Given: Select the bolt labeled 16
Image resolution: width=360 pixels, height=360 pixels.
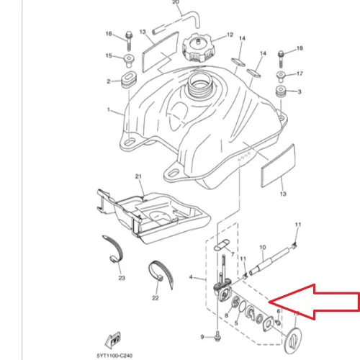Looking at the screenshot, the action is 129,40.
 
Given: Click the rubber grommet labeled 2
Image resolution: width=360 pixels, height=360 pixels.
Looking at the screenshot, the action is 129,79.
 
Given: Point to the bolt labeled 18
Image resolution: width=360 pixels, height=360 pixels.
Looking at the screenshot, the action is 281,59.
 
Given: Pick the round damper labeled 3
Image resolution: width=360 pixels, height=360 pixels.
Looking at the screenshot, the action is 281,91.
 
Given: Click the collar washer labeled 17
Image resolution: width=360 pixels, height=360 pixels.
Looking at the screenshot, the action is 281,76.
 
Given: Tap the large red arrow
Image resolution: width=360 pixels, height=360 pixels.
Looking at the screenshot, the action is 315,302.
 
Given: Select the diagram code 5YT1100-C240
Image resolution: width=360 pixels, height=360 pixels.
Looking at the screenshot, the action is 114,356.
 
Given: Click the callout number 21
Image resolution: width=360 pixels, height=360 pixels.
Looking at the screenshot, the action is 138,176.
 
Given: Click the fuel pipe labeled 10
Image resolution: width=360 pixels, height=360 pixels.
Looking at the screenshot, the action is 269,261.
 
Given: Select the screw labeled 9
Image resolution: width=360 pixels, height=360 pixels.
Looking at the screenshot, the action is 217,336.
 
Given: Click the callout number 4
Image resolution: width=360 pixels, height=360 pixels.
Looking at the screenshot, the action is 191,277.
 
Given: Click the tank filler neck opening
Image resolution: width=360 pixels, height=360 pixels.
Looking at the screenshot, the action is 199,84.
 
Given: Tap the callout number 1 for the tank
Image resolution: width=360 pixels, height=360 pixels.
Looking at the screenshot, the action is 109,109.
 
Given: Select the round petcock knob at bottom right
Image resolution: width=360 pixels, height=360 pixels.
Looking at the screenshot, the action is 293,341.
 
